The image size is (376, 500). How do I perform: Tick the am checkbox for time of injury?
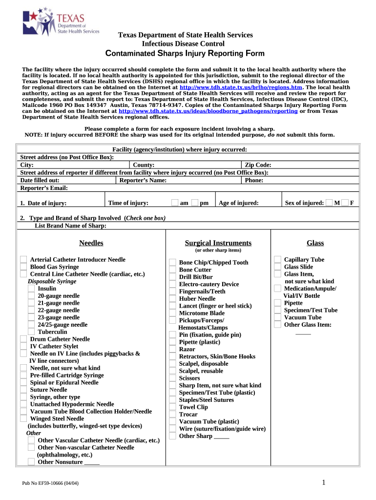(x=175, y=203)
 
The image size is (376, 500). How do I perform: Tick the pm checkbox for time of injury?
(x=195, y=203)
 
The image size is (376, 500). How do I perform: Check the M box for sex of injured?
(x=330, y=203)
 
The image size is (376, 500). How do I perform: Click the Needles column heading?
(x=91, y=243)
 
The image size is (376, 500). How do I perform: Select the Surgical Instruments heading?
(x=218, y=243)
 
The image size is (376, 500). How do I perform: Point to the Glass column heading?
(x=315, y=243)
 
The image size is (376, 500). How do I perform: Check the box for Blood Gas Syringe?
(x=23, y=267)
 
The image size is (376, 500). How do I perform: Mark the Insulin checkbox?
(x=31, y=289)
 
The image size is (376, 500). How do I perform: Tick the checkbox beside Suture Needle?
(x=23, y=389)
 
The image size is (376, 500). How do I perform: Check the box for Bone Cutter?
(x=172, y=270)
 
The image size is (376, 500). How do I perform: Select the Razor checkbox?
(x=172, y=349)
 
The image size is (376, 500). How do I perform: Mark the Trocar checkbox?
(x=172, y=414)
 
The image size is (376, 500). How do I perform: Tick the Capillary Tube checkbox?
(x=277, y=259)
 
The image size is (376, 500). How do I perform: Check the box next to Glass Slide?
(x=277, y=267)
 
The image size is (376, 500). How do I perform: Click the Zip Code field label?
(x=258, y=166)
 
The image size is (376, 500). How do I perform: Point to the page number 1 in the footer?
(x=324, y=483)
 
